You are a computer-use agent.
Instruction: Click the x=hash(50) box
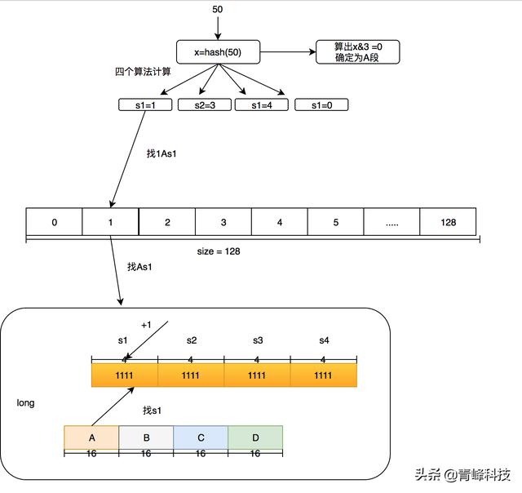click(x=217, y=53)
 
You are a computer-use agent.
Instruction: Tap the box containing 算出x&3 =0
click(x=358, y=52)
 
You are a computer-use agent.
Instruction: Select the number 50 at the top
click(x=217, y=10)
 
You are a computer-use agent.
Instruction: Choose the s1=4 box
click(x=262, y=104)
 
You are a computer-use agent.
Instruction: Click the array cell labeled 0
click(x=54, y=222)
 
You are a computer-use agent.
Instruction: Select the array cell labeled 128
click(x=447, y=222)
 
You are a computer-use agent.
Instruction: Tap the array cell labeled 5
click(x=335, y=222)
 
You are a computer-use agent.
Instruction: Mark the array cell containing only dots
click(x=391, y=222)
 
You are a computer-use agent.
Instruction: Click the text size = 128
click(x=219, y=251)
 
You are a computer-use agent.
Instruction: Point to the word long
click(x=25, y=403)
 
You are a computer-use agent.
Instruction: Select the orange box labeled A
click(x=91, y=437)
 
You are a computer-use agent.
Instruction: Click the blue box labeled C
click(x=200, y=437)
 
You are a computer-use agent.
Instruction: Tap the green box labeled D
click(x=254, y=437)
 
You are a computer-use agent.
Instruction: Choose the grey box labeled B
click(x=146, y=437)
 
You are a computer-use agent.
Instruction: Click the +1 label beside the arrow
click(x=146, y=325)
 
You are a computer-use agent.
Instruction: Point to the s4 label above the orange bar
click(x=324, y=340)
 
